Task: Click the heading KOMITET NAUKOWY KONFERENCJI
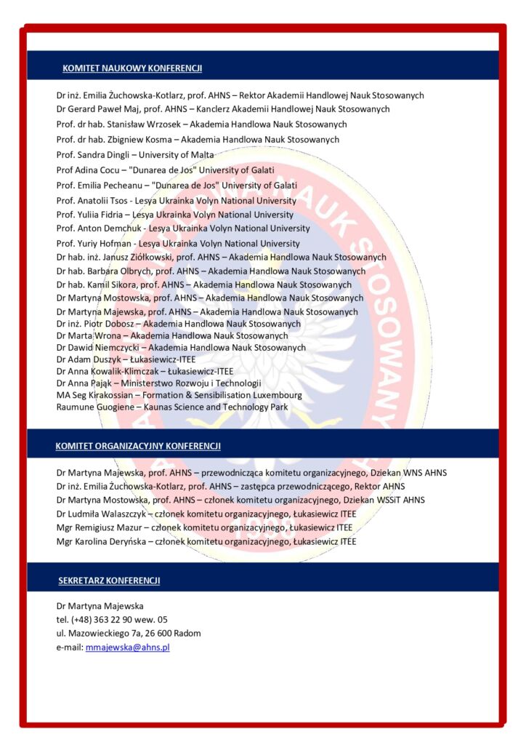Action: point(132,68)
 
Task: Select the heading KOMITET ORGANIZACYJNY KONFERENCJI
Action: point(138,446)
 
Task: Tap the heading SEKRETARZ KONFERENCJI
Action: point(109,581)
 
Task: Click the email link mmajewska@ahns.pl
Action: point(128,647)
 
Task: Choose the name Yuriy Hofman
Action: point(105,244)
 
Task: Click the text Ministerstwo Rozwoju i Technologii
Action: point(191,383)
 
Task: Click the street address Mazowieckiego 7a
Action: point(104,633)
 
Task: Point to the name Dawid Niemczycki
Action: point(100,348)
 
